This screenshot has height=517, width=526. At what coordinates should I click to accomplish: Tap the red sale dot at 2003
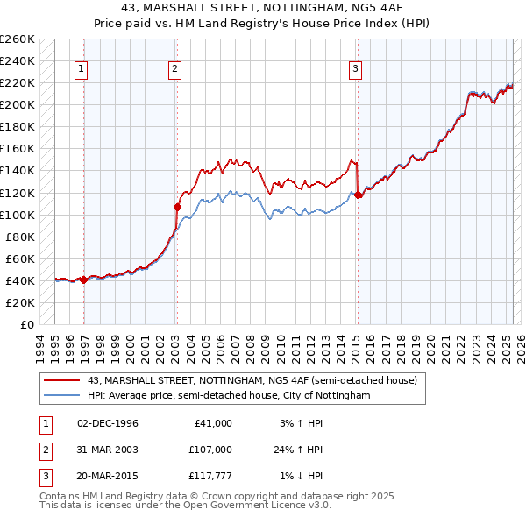coord(177,208)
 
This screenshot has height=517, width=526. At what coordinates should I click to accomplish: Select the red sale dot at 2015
coord(358,195)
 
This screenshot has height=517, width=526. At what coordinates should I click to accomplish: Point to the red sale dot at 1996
coord(83,280)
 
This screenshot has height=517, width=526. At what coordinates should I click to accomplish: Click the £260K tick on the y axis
coord(18,39)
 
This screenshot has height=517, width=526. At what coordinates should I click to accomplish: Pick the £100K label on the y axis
coord(18,215)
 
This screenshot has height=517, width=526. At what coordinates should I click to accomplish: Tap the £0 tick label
coord(27,324)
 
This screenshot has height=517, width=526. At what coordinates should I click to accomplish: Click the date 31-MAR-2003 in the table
coord(108,450)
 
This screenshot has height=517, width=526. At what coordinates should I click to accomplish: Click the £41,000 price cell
coord(212,423)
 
